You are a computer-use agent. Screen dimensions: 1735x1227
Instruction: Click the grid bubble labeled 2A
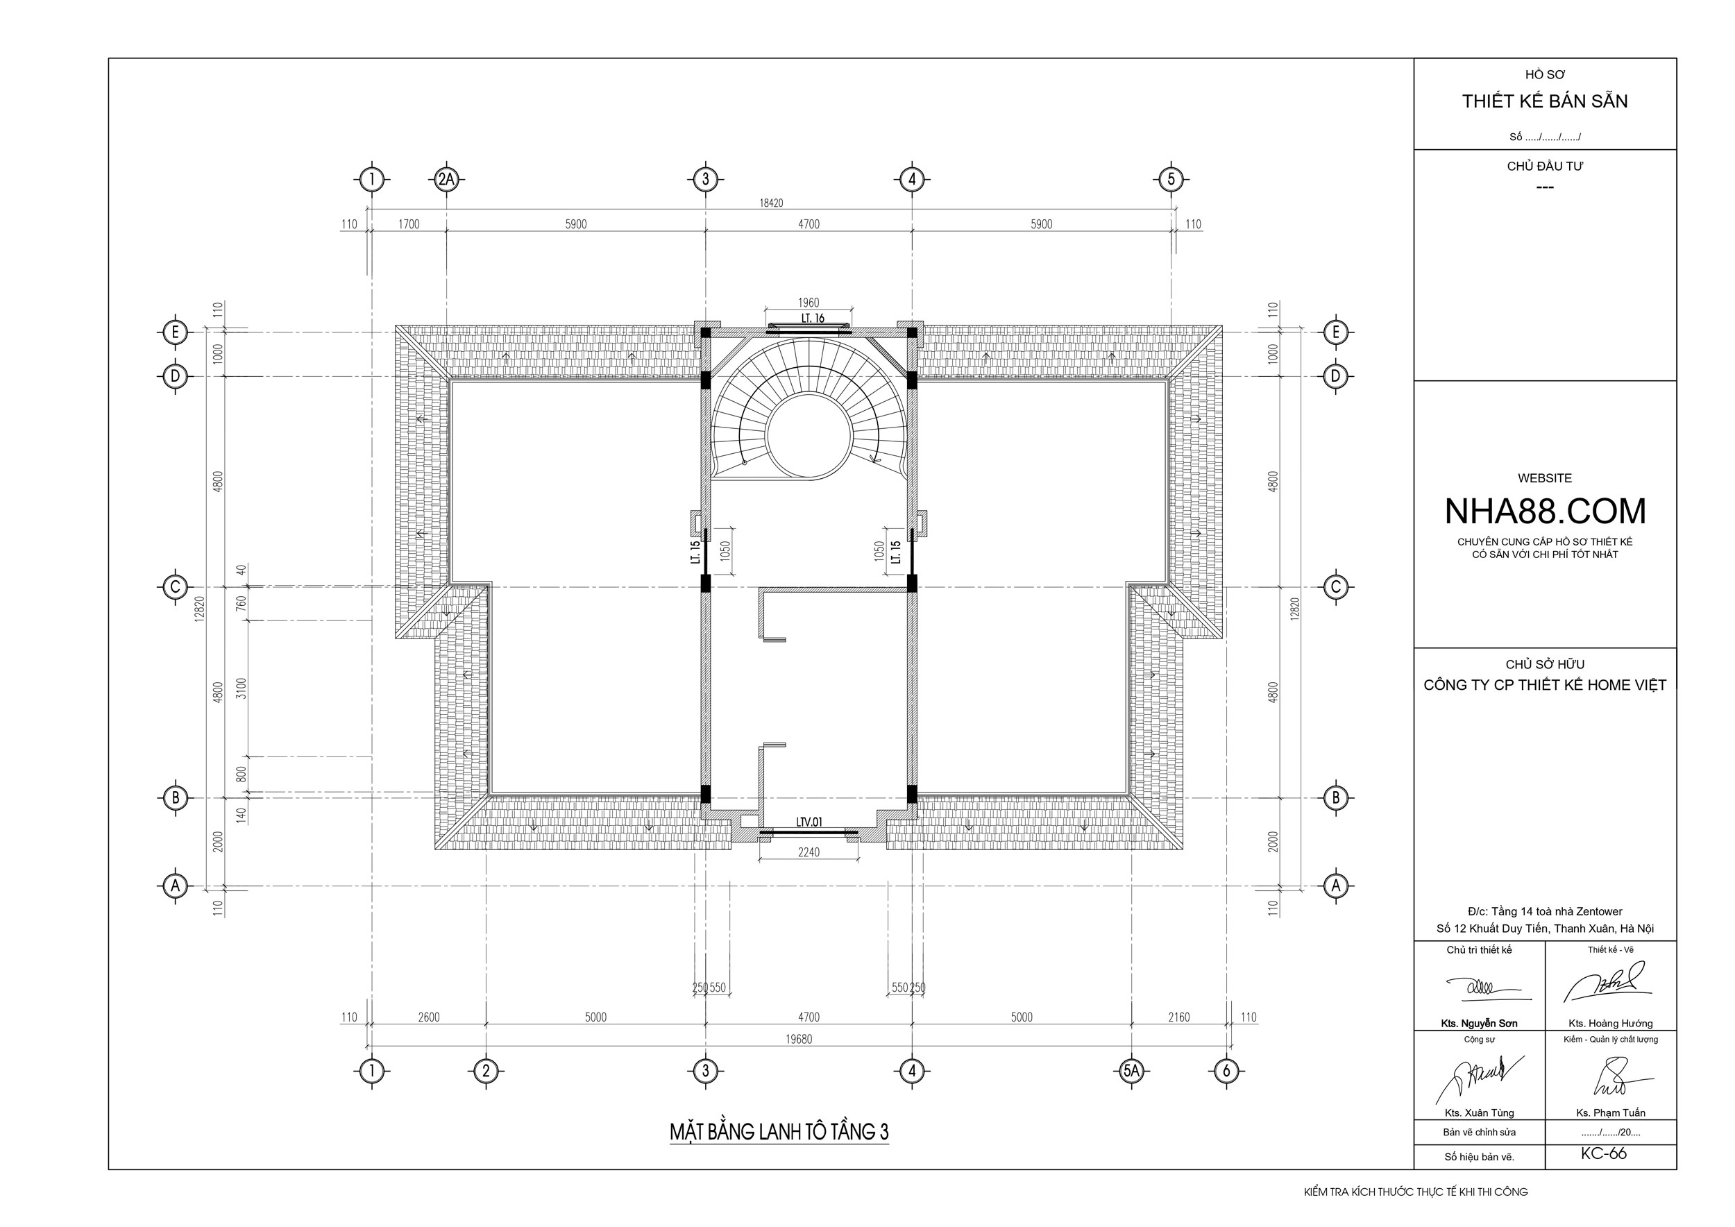tap(447, 180)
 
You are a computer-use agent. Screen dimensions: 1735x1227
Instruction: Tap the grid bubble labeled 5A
tap(1131, 1071)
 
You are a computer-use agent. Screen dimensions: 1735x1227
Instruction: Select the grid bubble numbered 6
tap(1226, 1071)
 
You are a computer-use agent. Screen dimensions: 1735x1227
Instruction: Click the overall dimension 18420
tap(771, 203)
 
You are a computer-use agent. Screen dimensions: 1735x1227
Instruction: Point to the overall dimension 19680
tap(799, 1039)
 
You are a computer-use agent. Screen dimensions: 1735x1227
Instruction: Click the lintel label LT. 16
tap(813, 319)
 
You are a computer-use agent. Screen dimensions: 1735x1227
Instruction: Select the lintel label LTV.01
tap(809, 822)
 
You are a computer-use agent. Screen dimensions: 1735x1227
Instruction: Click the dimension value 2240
tap(809, 852)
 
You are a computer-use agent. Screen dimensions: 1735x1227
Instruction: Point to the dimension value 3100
tap(241, 688)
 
